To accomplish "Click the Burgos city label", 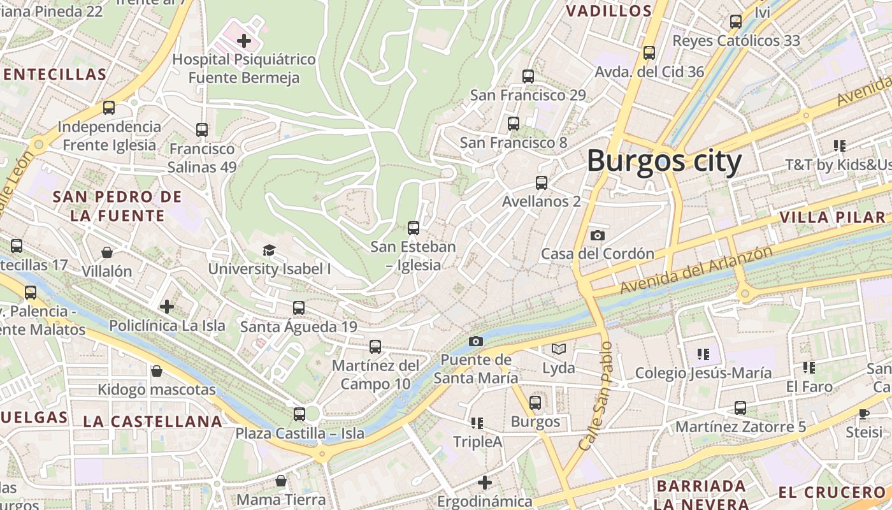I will (664, 161).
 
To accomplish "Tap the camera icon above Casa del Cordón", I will (597, 235).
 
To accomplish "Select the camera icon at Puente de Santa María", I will (475, 341).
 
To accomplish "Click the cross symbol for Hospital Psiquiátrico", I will (243, 41).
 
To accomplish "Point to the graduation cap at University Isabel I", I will (269, 250).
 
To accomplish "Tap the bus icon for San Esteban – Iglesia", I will (414, 228).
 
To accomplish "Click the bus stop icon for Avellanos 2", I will (542, 183).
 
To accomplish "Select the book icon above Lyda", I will (558, 349).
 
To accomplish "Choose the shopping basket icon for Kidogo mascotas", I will (156, 371).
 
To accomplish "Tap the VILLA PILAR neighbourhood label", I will (833, 217).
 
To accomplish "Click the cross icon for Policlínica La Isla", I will (167, 307).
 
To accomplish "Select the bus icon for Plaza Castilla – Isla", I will (299, 414).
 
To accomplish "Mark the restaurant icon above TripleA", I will (477, 423).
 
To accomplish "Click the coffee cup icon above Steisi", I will (864, 414).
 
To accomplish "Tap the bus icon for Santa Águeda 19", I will (298, 308).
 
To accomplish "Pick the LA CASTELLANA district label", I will (153, 421).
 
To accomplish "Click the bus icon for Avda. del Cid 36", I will (649, 53).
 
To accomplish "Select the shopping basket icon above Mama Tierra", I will (280, 481).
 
